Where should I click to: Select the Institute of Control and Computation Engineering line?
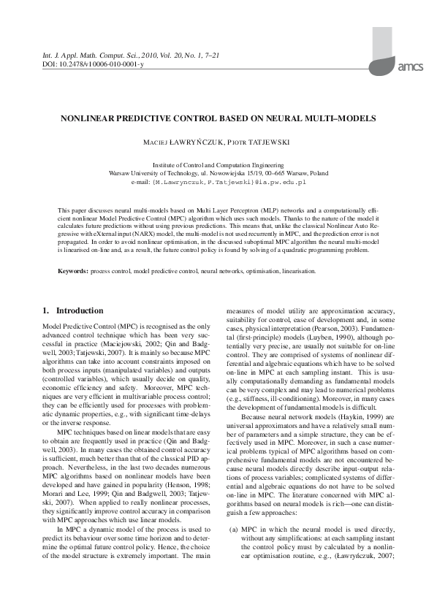[x=218, y=167]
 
